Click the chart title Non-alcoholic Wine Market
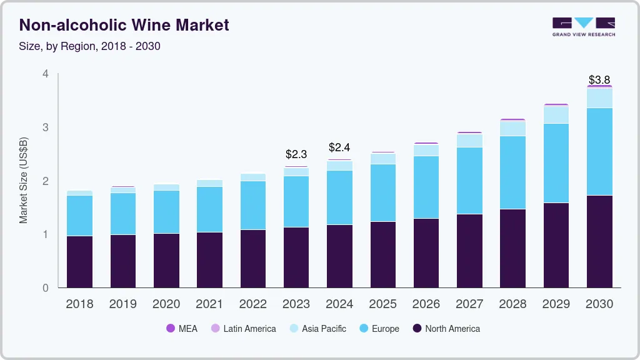(124, 25)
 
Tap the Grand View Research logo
(583, 27)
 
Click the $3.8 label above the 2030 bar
(599, 80)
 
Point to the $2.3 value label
(296, 154)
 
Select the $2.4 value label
(339, 147)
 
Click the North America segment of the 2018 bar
(79, 261)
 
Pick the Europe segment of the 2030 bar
(599, 151)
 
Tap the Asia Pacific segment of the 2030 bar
(599, 98)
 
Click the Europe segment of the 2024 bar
(339, 197)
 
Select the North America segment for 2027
(469, 251)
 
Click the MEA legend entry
(181, 328)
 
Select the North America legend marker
(417, 328)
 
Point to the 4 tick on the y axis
(45, 74)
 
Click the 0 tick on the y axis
(45, 288)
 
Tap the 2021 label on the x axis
(209, 304)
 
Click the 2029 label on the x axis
(556, 304)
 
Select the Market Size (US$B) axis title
(23, 179)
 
